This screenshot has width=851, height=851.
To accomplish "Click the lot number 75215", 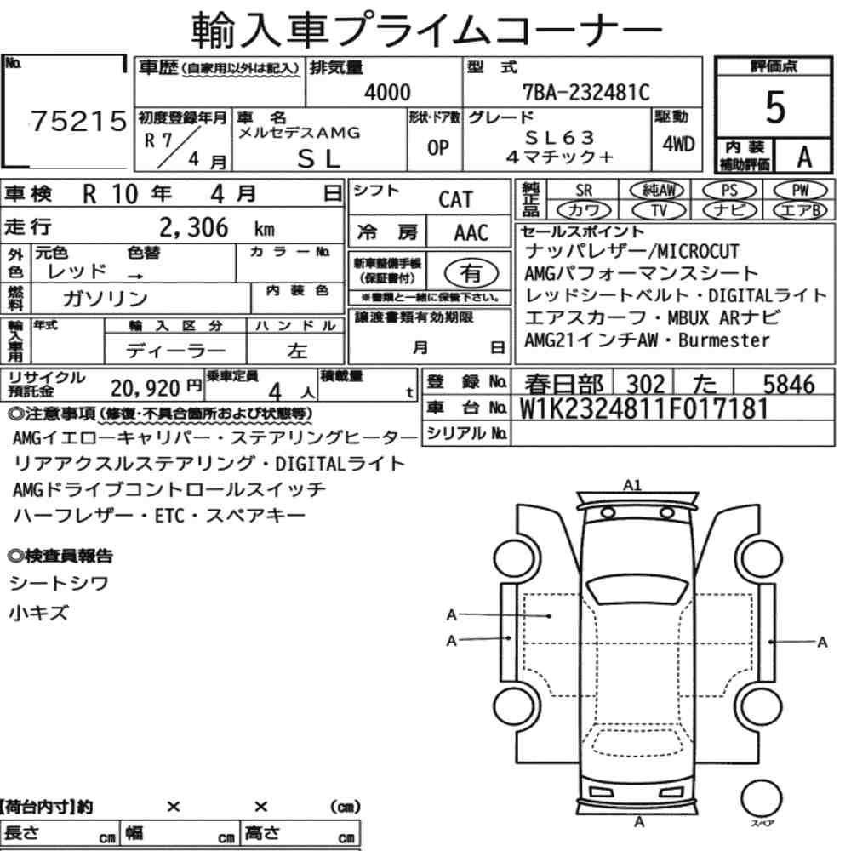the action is pyautogui.click(x=78, y=121).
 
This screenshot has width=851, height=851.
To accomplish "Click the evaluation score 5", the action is pyautogui.click(x=774, y=107).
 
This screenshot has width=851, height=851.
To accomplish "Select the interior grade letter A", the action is pyautogui.click(x=804, y=157).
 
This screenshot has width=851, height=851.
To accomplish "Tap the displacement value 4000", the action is pyautogui.click(x=387, y=92).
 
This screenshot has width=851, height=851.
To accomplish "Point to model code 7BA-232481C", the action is pyautogui.click(x=585, y=92).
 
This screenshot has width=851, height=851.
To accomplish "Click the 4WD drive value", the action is pyautogui.click(x=678, y=144).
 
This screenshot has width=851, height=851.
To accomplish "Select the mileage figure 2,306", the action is pyautogui.click(x=194, y=227).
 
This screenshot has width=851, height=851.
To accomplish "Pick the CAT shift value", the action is pyautogui.click(x=455, y=199).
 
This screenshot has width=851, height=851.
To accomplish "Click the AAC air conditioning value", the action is pyautogui.click(x=471, y=233).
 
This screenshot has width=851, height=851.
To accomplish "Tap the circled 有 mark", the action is pyautogui.click(x=471, y=273).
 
